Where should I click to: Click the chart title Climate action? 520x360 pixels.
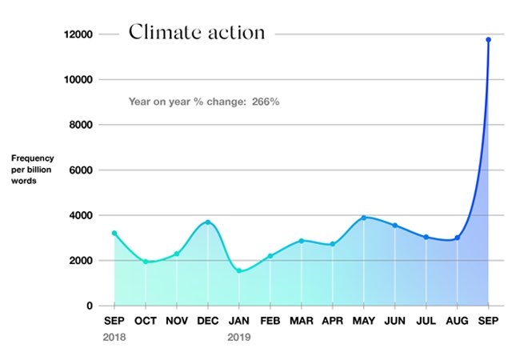[196, 33]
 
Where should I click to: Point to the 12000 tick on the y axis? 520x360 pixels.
[79, 34]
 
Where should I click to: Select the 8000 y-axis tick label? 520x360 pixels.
[82, 125]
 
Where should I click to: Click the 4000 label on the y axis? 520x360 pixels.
[82, 215]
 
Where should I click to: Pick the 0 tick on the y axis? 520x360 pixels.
[89, 306]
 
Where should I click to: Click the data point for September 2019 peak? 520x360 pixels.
[488, 39]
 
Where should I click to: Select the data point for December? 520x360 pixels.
[208, 222]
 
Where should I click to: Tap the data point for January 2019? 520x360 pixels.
[239, 270]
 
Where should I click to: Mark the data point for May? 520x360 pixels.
[364, 218]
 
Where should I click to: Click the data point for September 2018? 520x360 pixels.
[114, 233]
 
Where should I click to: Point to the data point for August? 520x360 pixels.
[458, 238]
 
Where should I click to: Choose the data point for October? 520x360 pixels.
[146, 262]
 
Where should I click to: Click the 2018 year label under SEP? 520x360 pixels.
[114, 338]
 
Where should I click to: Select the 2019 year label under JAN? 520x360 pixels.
[239, 338]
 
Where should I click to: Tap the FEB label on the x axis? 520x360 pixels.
[270, 322]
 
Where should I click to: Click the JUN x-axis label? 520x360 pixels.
[395, 322]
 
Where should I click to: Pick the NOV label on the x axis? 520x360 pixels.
[177, 322]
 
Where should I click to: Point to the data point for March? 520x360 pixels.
[302, 241]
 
